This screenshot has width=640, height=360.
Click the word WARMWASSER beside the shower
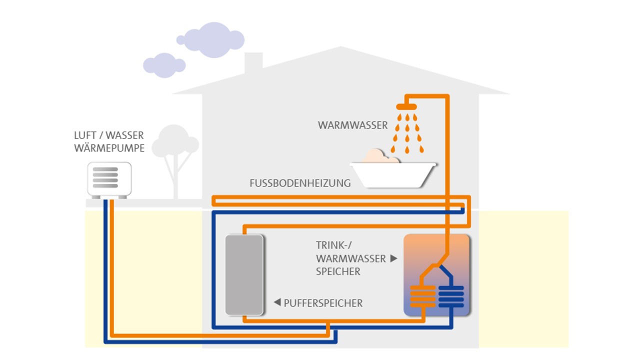[x=352, y=125]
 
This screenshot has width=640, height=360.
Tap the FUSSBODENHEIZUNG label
[x=300, y=183]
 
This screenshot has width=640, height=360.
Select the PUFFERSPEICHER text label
[x=323, y=303]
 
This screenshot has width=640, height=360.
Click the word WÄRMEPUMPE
[x=109, y=148]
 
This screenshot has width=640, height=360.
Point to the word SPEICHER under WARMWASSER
[x=338, y=271]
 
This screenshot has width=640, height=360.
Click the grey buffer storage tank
[x=244, y=274]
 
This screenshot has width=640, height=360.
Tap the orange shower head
[x=406, y=106]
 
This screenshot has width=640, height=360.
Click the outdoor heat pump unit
[x=109, y=178]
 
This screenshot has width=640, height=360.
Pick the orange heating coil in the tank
[x=422, y=296]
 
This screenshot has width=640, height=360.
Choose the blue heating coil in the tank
[x=451, y=296]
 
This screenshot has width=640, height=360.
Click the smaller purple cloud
[x=164, y=65]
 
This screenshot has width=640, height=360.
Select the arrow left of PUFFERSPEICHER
[x=277, y=302]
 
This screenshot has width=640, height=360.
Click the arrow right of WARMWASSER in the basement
[x=393, y=258]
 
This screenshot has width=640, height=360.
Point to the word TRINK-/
[x=332, y=245]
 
